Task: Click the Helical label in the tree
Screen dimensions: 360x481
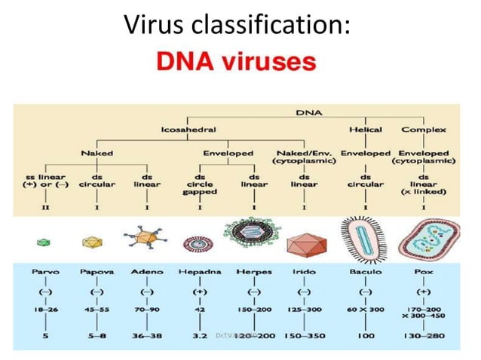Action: pyautogui.click(x=366, y=130)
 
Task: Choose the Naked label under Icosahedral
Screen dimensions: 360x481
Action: pyautogui.click(x=97, y=153)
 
